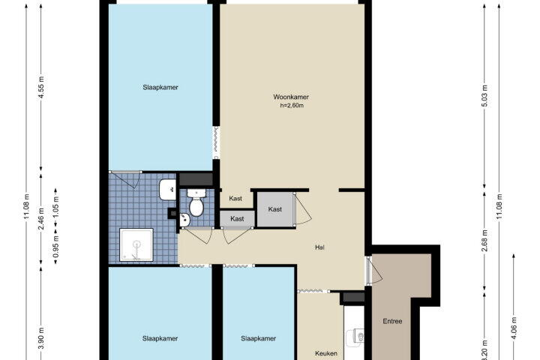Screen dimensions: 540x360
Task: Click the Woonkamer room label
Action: (291, 97)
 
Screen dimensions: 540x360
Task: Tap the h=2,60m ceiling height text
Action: (292, 106)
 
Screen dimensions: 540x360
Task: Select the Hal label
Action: (319, 247)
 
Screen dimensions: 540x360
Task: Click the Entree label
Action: (392, 321)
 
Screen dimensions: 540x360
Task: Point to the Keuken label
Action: (326, 353)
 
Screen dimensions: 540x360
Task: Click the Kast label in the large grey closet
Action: (274, 209)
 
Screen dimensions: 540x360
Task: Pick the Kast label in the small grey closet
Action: (237, 219)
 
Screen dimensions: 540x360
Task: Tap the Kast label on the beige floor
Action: (235, 199)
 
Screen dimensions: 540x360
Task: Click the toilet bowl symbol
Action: (196, 203)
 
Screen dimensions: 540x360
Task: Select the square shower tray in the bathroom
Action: (136, 244)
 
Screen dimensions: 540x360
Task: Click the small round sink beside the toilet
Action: (184, 220)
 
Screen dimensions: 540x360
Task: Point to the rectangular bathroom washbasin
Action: (167, 190)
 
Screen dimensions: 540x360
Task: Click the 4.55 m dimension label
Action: (41, 88)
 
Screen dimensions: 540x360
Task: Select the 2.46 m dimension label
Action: (41, 218)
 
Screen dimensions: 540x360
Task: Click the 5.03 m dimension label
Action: (484, 95)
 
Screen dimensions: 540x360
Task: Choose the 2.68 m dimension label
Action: (484, 241)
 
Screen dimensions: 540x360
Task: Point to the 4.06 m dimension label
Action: (514, 328)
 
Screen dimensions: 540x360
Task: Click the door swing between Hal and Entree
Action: (376, 271)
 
